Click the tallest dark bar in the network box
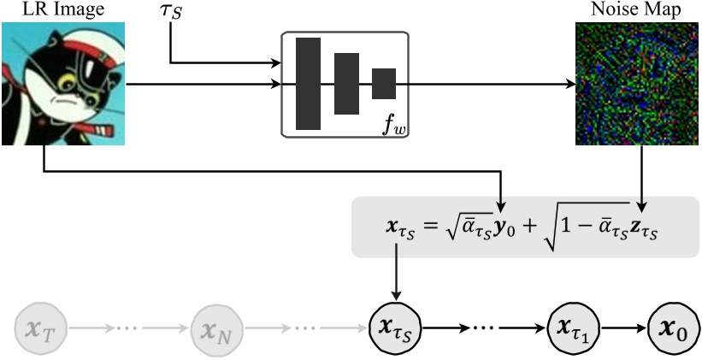point(308,84)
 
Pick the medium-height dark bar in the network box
point(346,84)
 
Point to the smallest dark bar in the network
point(384,84)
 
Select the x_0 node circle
point(669,328)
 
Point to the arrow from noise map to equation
point(640,171)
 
